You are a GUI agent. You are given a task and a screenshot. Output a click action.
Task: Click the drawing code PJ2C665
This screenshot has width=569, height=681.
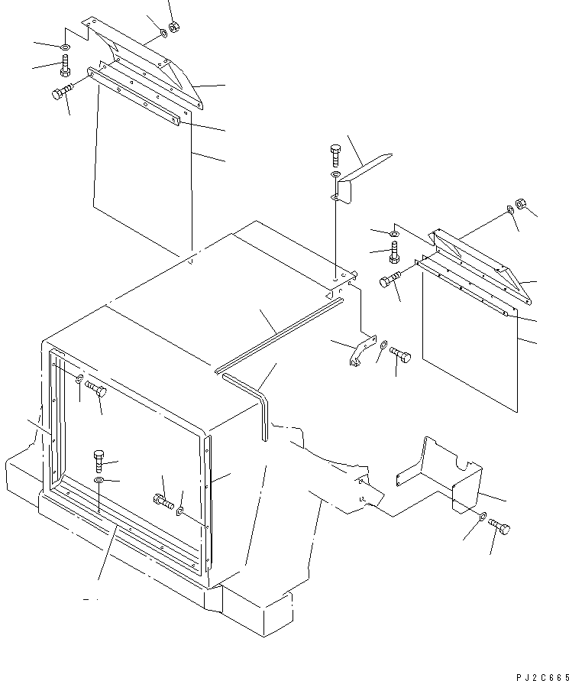coord(542,677)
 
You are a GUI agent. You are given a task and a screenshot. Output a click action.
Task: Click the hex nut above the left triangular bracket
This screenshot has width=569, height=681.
coord(174,27)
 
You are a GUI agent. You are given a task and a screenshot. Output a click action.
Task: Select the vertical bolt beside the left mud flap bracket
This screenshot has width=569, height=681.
coord(65,65)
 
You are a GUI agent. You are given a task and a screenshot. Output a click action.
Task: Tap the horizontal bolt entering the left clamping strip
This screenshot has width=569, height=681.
coord(63,92)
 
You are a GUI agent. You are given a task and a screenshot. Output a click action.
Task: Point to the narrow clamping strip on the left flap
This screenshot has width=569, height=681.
coord(134,96)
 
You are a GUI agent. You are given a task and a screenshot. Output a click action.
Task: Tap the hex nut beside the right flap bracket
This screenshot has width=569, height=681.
coord(521,204)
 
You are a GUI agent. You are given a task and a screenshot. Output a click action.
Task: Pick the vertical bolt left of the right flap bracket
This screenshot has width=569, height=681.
coord(394,252)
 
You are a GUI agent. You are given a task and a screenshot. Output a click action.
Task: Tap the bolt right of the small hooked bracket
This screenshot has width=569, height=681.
coord(400,355)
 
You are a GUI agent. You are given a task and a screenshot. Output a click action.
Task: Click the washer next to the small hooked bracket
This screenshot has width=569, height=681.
coord(383,345)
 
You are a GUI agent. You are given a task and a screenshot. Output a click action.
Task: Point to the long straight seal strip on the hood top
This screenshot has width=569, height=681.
coord(279,336)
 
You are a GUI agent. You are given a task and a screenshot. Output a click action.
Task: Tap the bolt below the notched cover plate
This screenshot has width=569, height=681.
coord(499,527)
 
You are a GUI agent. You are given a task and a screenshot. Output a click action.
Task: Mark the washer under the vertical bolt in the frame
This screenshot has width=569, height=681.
coord(99,480)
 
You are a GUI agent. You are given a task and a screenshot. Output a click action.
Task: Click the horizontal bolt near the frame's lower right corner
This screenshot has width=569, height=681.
coord(163,501)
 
